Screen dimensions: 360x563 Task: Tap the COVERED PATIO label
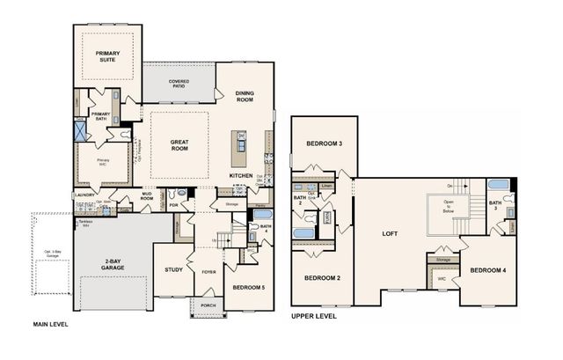[179, 84]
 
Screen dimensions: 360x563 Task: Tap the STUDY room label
[173, 269]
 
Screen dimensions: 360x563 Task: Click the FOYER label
[208, 272]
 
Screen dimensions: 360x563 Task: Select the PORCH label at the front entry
[208, 305]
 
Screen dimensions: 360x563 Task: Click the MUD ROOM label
[146, 197]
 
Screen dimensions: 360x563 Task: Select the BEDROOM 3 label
[324, 143]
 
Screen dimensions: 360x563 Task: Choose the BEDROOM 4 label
[486, 270]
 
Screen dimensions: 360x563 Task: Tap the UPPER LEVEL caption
[313, 315]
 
